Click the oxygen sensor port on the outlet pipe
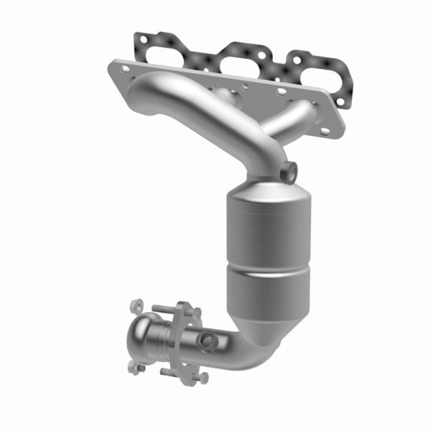(208, 340)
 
